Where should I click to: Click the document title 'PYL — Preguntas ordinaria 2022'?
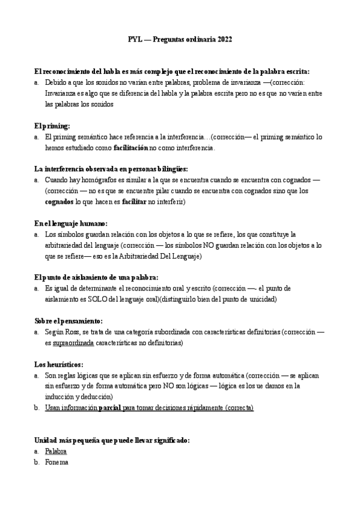[180, 40]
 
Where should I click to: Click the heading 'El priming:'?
[52, 126]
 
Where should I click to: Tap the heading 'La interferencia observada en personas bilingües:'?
[111, 169]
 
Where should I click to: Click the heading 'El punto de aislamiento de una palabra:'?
[96, 277]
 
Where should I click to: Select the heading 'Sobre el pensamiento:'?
[69, 321]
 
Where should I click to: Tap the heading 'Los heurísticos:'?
[59, 364]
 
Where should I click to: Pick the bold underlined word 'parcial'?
[110, 408]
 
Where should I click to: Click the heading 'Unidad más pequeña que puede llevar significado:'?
[112, 440]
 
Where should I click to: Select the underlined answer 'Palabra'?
[56, 451]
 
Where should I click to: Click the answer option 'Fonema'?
[56, 462]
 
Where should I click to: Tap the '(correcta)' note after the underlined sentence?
[239, 408]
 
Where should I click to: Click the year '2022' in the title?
[221, 40]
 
